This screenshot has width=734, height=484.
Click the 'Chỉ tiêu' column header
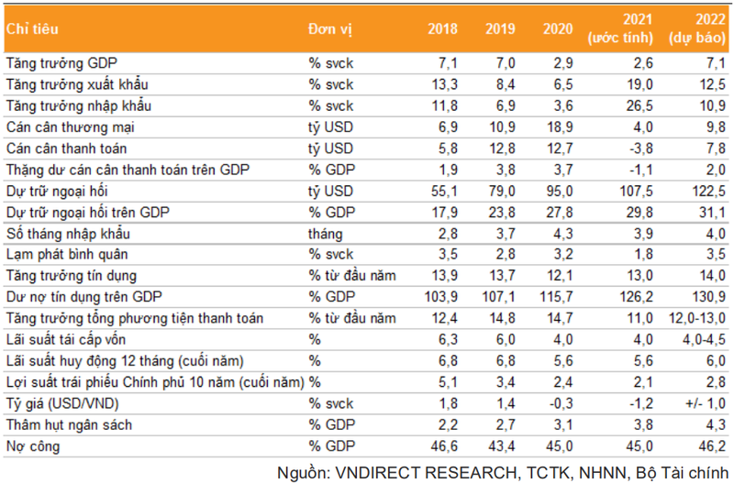(33, 28)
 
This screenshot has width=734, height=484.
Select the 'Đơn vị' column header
(330, 28)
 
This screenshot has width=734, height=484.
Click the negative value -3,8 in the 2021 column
(639, 148)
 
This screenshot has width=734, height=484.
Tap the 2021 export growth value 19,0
(639, 85)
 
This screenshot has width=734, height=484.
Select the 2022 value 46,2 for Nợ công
(713, 445)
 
